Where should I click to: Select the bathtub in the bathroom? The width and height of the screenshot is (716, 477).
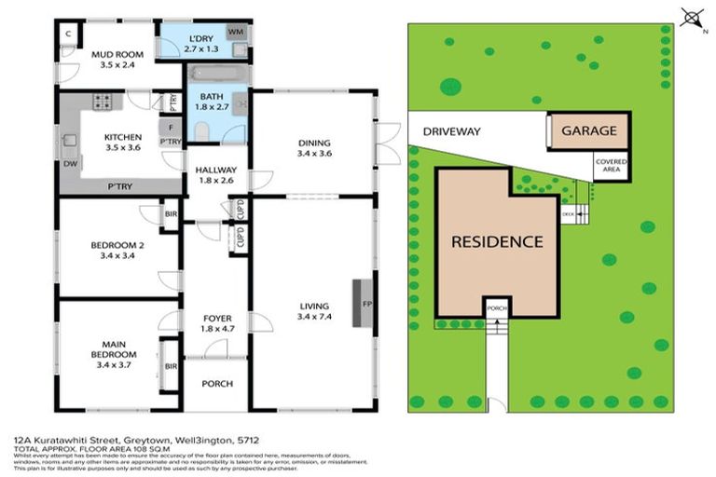[x=217, y=73]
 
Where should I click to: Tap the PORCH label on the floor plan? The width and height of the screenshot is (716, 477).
[x=216, y=384]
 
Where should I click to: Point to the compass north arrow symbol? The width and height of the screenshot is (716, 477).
[x=691, y=16]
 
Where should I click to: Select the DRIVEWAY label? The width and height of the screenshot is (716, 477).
[x=452, y=131]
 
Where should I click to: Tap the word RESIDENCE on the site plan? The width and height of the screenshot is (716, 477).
[x=497, y=241]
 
